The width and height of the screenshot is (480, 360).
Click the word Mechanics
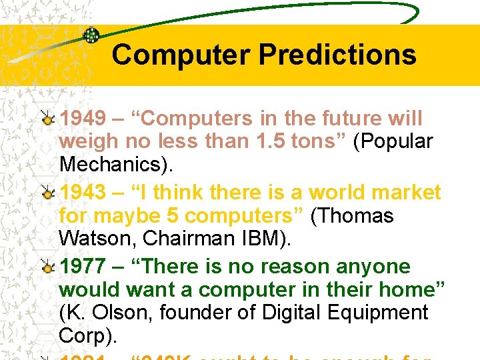click(x=116, y=165)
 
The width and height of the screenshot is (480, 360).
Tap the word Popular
click(x=393, y=142)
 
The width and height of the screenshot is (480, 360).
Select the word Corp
click(x=87, y=335)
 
